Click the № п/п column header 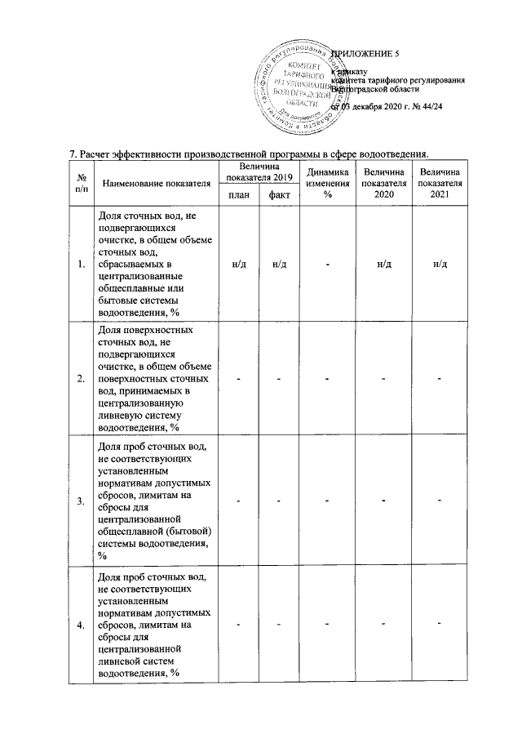click(x=81, y=183)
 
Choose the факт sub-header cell click(x=279, y=195)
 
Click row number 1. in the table click(x=80, y=264)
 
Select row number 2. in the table click(x=80, y=378)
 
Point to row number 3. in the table click(x=80, y=500)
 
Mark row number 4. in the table click(x=80, y=625)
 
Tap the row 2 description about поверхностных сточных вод click(x=154, y=378)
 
